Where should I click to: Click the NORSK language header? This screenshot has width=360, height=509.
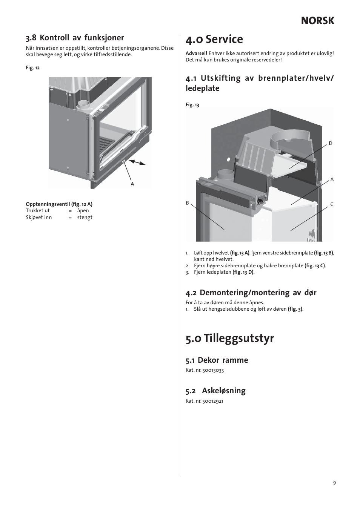point(317,21)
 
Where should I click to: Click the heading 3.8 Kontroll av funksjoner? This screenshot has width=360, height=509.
point(75,38)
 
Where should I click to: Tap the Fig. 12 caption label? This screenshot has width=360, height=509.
point(32,68)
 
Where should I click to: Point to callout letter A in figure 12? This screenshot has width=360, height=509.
point(132,184)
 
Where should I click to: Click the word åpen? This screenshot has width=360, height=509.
point(83,211)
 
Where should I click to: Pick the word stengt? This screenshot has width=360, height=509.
point(85,218)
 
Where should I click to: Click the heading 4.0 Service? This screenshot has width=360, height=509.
point(214,39)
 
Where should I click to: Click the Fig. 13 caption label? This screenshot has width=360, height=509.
point(192,105)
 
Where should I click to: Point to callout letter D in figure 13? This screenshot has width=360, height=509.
point(331,143)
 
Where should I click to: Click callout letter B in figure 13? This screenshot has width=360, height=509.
point(187,203)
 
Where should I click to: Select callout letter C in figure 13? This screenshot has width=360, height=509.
point(332,204)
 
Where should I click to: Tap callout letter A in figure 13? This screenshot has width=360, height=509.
point(332,179)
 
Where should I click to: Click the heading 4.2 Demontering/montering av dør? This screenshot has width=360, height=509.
point(251,293)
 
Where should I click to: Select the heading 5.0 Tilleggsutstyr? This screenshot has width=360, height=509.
point(229,338)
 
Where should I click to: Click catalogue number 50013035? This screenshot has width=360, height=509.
point(213,370)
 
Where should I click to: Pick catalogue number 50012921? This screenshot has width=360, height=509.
point(213,401)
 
